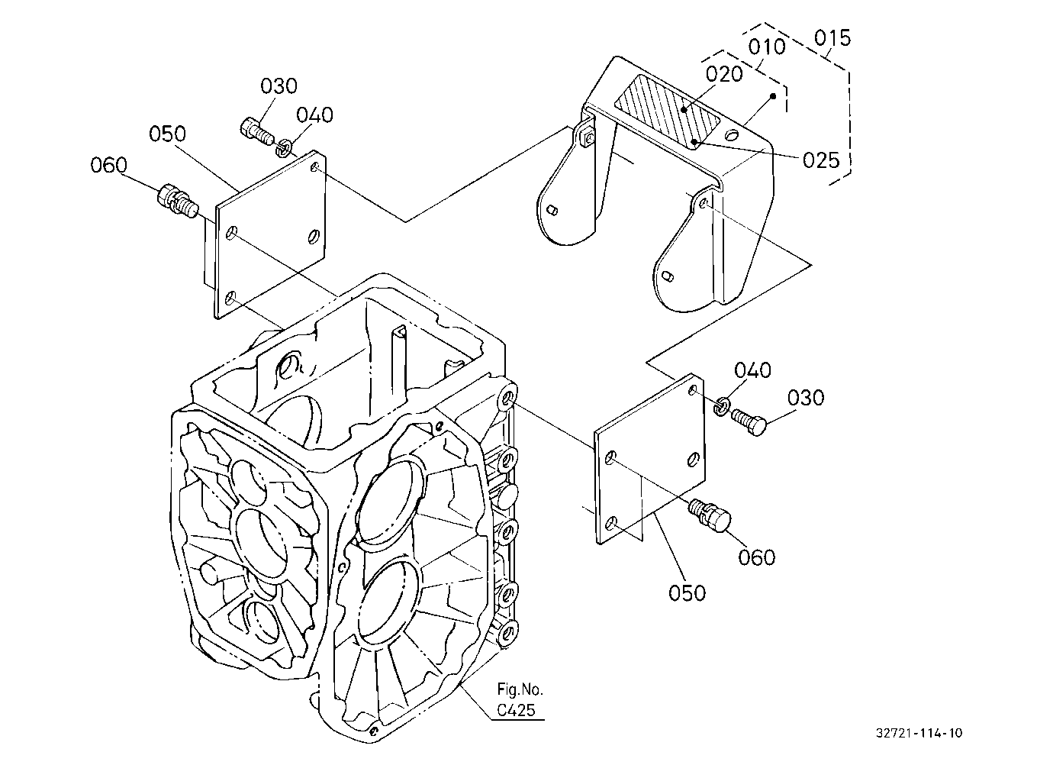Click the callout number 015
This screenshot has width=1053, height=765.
(832, 38)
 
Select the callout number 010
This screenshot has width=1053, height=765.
(767, 47)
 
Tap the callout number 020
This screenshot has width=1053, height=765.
(724, 74)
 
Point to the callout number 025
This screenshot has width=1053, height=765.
(821, 161)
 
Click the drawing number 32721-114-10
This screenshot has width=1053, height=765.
(919, 732)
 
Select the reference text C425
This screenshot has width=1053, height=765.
(516, 710)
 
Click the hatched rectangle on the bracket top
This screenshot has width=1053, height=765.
(668, 112)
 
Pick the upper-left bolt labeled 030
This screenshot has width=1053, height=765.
(257, 131)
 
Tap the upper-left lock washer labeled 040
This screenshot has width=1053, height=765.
(283, 148)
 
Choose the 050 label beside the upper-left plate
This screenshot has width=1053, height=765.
(167, 134)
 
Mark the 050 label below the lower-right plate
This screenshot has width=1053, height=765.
(688, 593)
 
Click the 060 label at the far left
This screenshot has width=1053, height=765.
(108, 166)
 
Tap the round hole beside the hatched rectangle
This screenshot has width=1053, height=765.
(732, 136)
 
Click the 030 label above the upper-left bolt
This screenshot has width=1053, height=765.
(279, 86)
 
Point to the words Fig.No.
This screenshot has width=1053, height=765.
(520, 689)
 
